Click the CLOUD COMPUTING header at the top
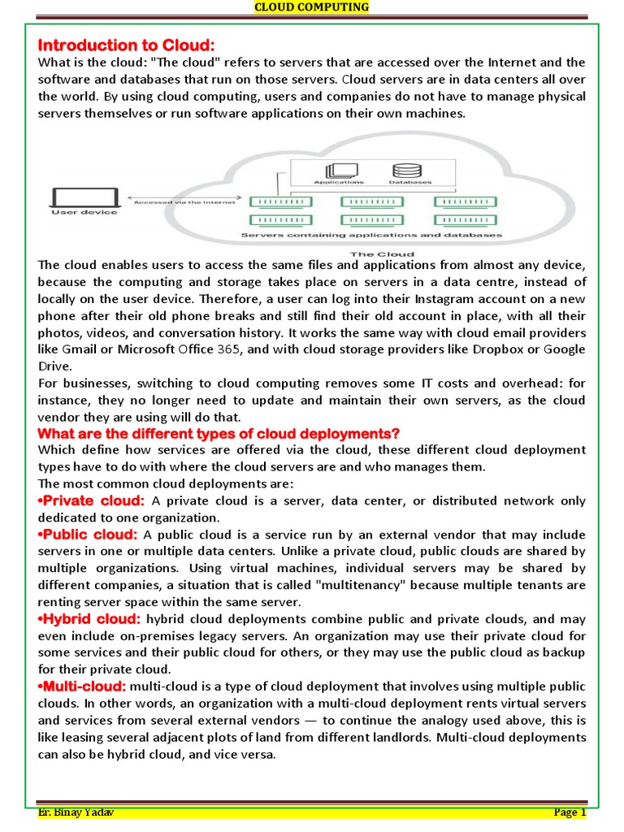click(312, 7)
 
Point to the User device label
click(84, 213)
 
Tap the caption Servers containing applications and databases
click(371, 236)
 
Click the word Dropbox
click(501, 349)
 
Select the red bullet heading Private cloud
click(92, 500)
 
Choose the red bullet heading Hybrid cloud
click(90, 619)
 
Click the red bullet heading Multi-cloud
click(82, 687)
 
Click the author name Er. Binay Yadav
click(75, 812)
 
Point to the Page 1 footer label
click(569, 812)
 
